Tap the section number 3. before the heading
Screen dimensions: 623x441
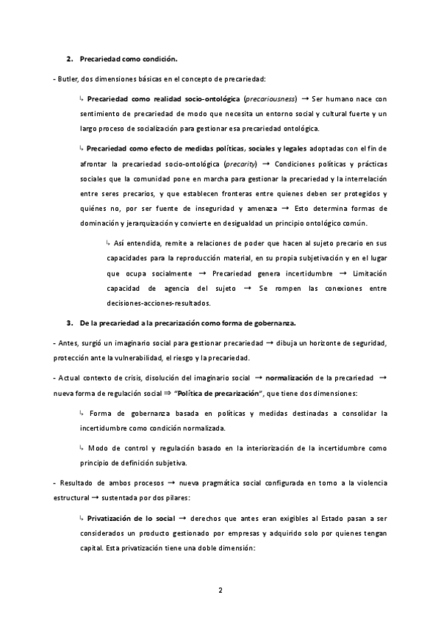click(x=70, y=323)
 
